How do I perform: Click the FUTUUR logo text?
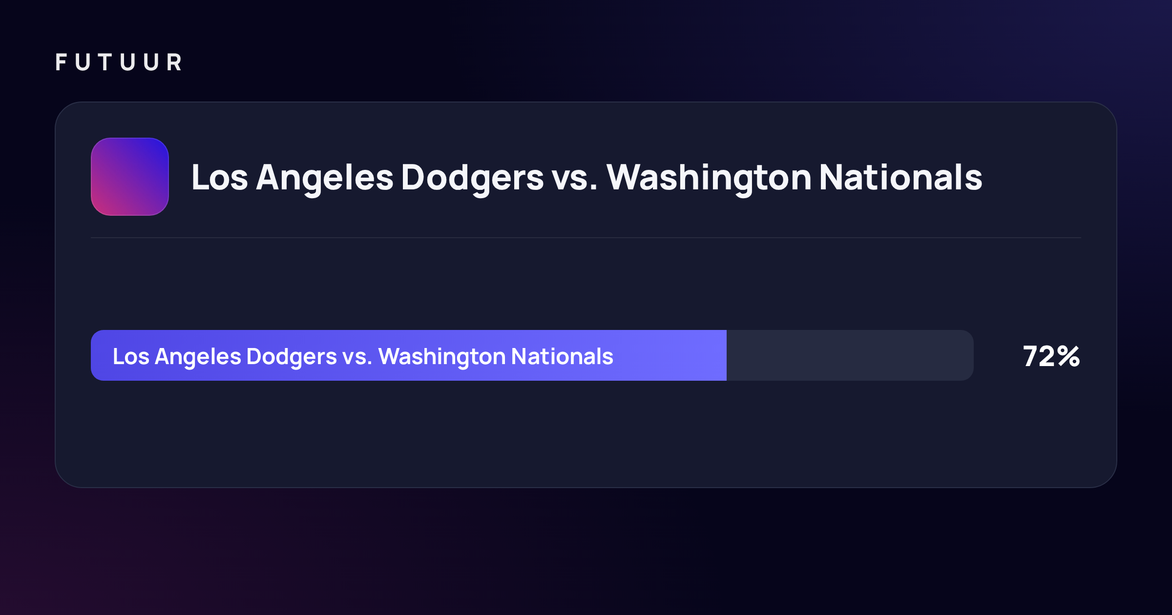point(119,62)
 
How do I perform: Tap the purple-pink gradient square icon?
point(130,177)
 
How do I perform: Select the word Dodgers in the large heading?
point(472,178)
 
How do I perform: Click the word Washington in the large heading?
point(709,178)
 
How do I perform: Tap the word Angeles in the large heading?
point(325,178)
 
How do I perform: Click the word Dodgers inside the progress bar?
point(292,357)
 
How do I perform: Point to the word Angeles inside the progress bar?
point(198,357)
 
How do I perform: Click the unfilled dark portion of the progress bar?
point(850,355)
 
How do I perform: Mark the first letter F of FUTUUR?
point(61,62)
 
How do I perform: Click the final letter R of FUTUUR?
point(174,62)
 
